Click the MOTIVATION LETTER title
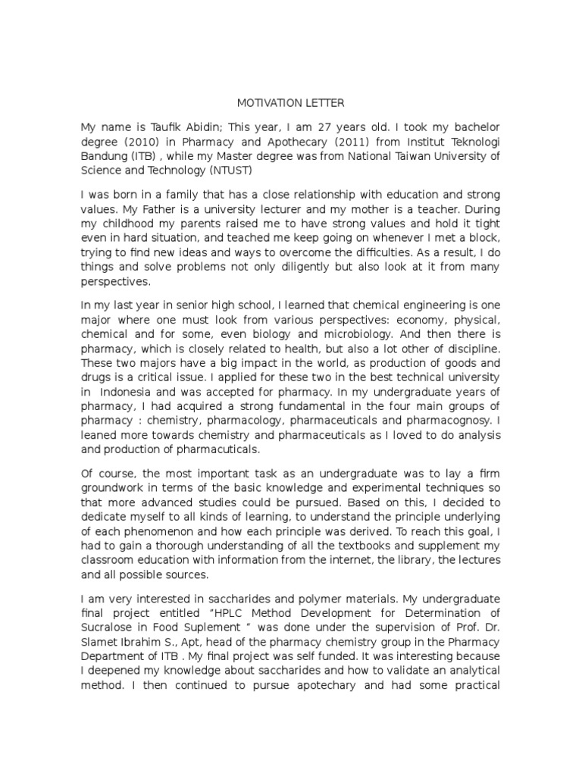(290, 103)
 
